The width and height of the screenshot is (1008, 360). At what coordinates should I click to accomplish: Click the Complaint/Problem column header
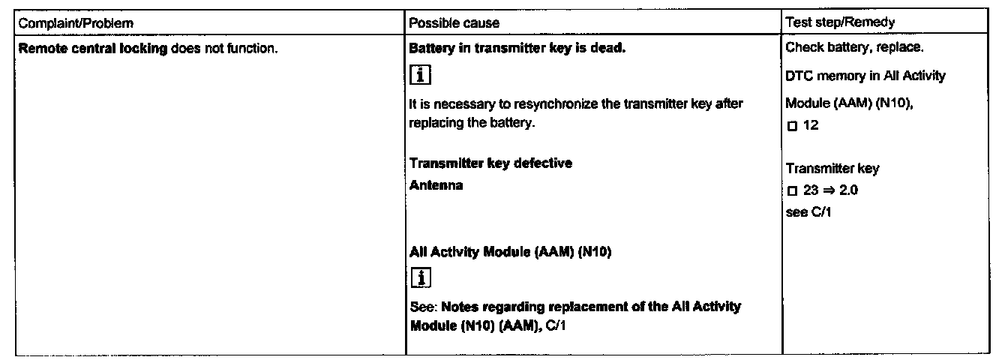pyautogui.click(x=76, y=23)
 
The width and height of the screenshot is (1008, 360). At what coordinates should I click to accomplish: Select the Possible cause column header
pyautogui.click(x=454, y=23)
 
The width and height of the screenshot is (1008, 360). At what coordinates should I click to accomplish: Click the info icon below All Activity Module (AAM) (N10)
pyautogui.click(x=420, y=278)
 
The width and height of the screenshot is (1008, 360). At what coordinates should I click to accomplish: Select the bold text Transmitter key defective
pyautogui.click(x=490, y=163)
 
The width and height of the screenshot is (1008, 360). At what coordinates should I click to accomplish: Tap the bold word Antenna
pyautogui.click(x=436, y=185)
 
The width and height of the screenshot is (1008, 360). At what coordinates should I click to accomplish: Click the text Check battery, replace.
pyautogui.click(x=854, y=48)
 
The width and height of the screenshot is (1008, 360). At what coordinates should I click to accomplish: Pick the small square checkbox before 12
pyautogui.click(x=791, y=126)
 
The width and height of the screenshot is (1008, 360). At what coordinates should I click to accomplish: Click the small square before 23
pyautogui.click(x=791, y=190)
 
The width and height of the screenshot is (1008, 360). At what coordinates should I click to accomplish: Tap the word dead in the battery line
pyautogui.click(x=611, y=48)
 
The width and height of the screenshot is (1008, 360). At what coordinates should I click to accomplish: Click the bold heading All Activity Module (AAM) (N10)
pyautogui.click(x=511, y=252)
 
